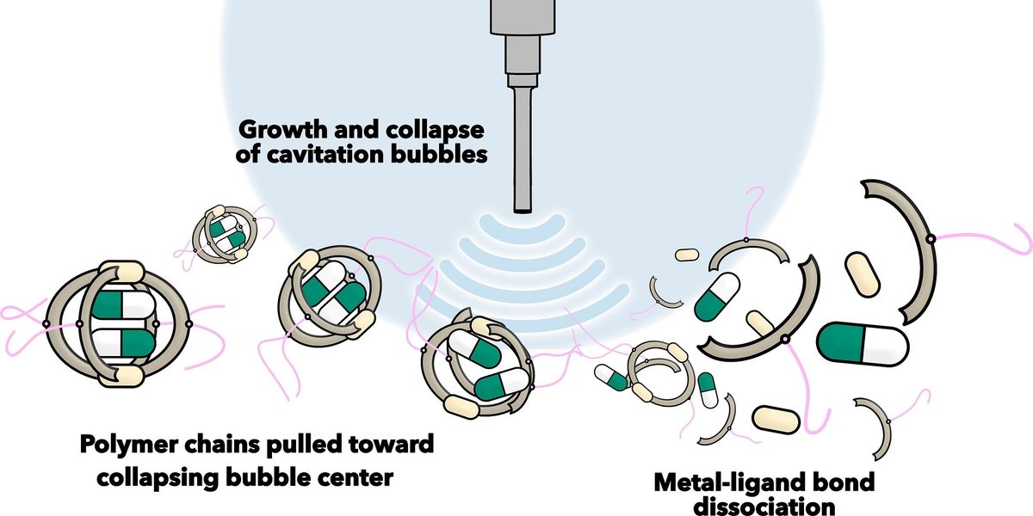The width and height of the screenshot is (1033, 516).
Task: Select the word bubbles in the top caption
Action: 439,155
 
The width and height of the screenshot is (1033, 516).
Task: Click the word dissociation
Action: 764,506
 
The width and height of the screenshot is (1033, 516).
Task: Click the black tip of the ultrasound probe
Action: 523,211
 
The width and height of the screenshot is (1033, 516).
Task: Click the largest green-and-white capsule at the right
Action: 863,344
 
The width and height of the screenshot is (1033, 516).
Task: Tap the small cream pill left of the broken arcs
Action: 687,255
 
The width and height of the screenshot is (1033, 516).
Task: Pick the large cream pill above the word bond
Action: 776,420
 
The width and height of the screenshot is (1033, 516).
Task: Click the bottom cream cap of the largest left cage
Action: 121,376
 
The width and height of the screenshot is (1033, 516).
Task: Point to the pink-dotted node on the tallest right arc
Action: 931,239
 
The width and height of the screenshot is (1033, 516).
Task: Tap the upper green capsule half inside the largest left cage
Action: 107,304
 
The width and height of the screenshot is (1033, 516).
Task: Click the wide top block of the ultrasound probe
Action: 523,17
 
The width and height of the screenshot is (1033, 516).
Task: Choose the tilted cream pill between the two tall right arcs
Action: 863,274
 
